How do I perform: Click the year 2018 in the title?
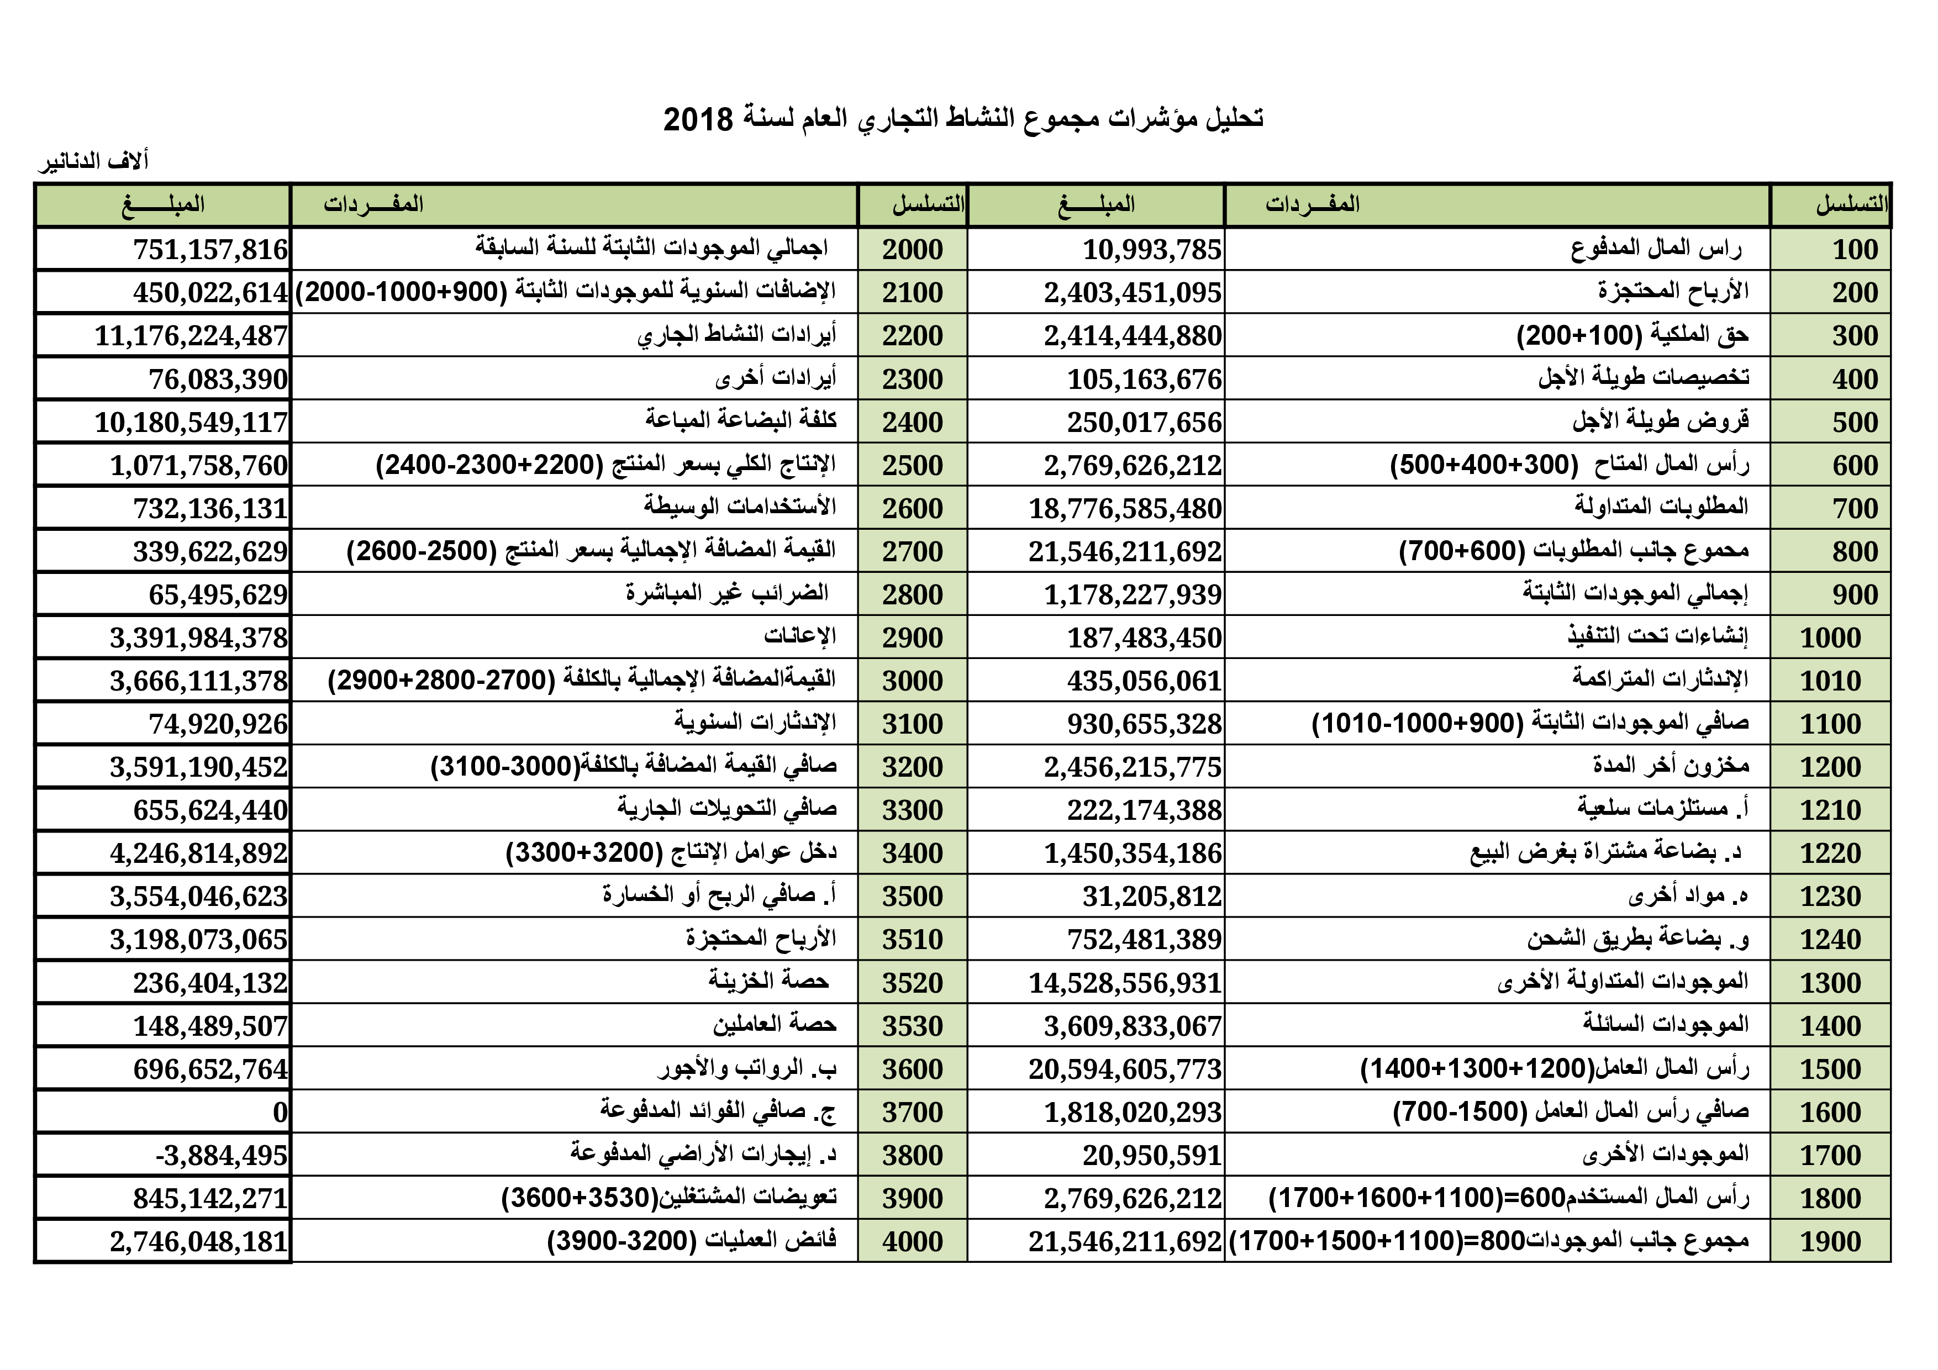(698, 120)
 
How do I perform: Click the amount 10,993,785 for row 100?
(1152, 250)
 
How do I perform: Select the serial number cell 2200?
(913, 336)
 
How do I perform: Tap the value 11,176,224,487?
(192, 336)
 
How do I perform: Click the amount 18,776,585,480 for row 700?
(1125, 509)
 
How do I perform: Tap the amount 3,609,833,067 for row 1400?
(1133, 1026)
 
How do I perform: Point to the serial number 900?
(1855, 595)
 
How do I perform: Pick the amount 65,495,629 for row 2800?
(219, 595)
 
